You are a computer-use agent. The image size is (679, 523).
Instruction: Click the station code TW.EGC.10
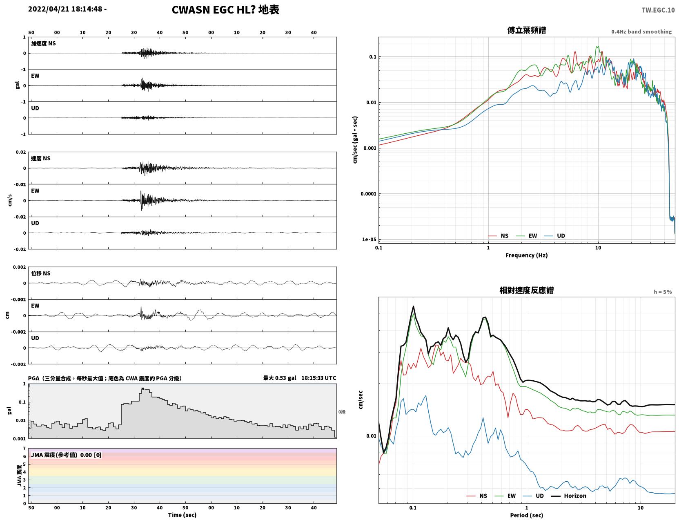pos(658,10)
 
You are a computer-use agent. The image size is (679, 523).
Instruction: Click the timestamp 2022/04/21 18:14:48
pos(65,9)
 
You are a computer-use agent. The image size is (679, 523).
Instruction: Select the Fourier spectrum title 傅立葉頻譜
pos(527,30)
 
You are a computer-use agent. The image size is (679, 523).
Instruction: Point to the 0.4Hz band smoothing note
pos(641,31)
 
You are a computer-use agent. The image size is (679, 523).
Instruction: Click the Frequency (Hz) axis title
pos(527,255)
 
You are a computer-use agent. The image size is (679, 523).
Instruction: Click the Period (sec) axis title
pos(527,515)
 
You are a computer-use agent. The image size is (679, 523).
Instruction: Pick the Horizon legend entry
pos(569,496)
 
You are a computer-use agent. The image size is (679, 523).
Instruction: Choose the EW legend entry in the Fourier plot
pos(527,236)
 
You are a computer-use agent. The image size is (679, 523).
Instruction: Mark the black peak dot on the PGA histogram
pos(143,389)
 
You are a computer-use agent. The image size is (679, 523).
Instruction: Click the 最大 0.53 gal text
pos(280,378)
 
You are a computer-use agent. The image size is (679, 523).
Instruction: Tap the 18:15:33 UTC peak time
pos(319,378)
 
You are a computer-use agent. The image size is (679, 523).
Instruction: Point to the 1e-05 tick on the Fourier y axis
pos(369,240)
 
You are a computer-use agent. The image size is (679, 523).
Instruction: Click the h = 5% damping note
pos(663,292)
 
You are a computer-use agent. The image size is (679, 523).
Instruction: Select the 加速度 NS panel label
pos(43,43)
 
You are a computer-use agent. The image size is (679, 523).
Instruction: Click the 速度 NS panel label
pos(40,158)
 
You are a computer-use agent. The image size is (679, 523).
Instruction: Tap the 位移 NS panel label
pos(40,273)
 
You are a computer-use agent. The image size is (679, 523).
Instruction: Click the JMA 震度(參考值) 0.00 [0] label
pos(66,455)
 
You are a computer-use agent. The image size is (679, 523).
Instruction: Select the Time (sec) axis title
pos(182,515)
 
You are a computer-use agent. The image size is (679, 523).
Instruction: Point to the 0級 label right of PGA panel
pos(342,412)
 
